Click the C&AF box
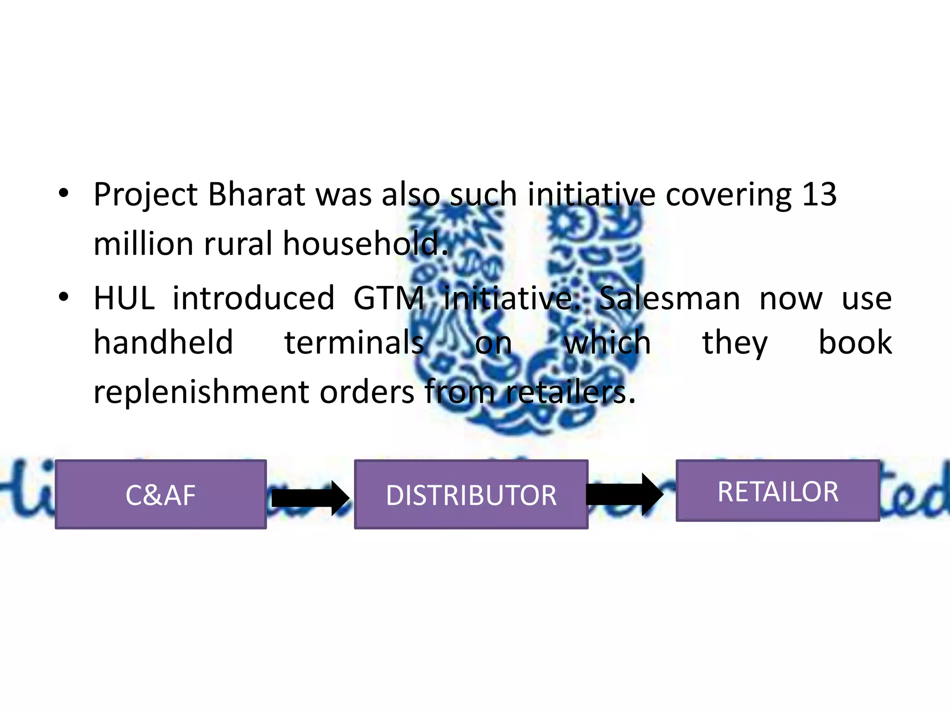(x=160, y=494)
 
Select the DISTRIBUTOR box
(x=471, y=494)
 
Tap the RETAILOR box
(x=777, y=490)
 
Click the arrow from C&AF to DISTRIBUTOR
(x=310, y=498)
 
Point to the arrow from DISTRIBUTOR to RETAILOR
(x=624, y=494)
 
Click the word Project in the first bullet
(x=146, y=195)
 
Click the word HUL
(x=124, y=298)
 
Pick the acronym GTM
(x=389, y=298)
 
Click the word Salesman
(x=669, y=298)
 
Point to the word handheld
(x=163, y=343)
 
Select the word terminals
(x=354, y=343)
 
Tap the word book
(x=855, y=343)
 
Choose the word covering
(x=728, y=195)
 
